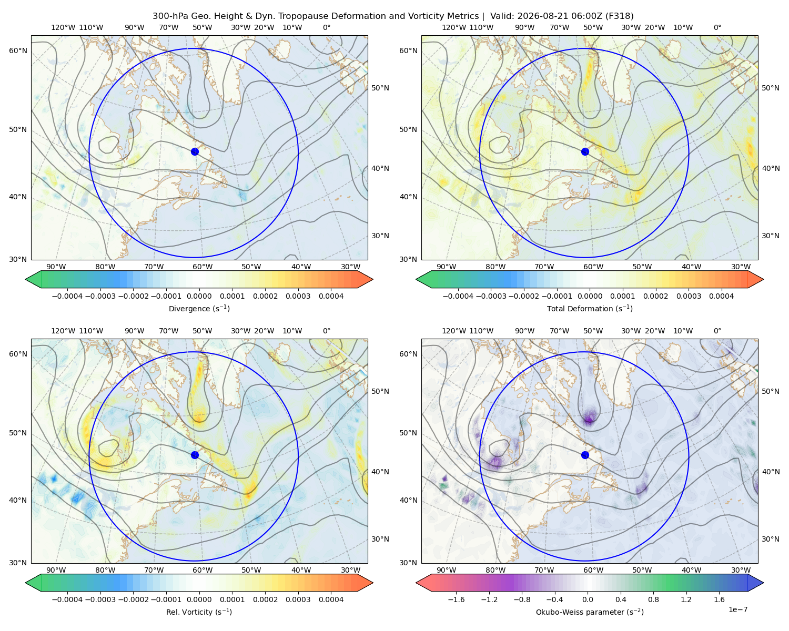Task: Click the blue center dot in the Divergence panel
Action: click(x=195, y=151)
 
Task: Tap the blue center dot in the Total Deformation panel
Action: click(x=585, y=151)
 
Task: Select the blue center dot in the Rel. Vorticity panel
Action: click(x=195, y=455)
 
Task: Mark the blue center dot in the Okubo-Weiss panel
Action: click(x=585, y=455)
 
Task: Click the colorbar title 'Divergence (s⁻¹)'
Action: click(x=199, y=308)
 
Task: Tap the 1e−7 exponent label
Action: click(x=737, y=609)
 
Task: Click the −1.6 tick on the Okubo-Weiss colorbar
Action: click(x=456, y=599)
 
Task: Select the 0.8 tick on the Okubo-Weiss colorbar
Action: click(x=653, y=599)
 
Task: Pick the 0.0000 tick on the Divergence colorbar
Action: click(x=199, y=296)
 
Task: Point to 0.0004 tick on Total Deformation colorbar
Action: click(x=721, y=296)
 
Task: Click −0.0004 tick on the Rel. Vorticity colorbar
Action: click(x=67, y=599)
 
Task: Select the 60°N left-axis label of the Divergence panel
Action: click(x=18, y=50)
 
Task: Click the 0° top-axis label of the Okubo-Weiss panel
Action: click(x=717, y=331)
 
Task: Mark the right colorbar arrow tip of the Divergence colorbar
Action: click(x=372, y=279)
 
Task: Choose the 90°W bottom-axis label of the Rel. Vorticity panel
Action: click(x=56, y=570)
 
